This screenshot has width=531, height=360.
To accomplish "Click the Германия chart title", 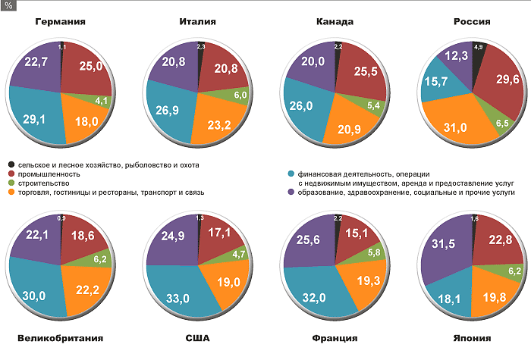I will coord(59,22).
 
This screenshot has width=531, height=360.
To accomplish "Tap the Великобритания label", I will coord(59,338).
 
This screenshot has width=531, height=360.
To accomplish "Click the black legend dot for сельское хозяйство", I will coord(12,164).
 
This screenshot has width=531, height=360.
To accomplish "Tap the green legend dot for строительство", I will coord(12,183).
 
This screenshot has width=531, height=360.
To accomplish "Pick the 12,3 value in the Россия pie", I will coord(455,56).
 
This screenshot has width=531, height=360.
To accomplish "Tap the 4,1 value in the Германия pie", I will coord(102,100).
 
